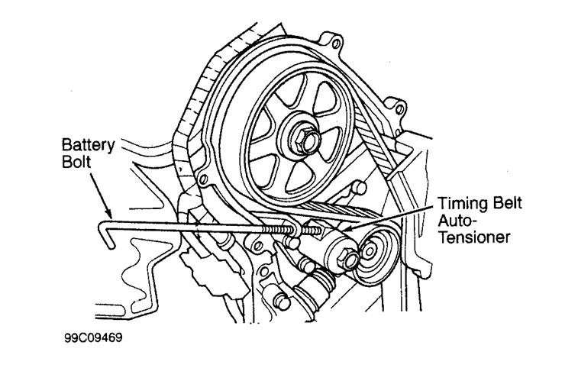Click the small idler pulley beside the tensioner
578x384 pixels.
click(x=375, y=251)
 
